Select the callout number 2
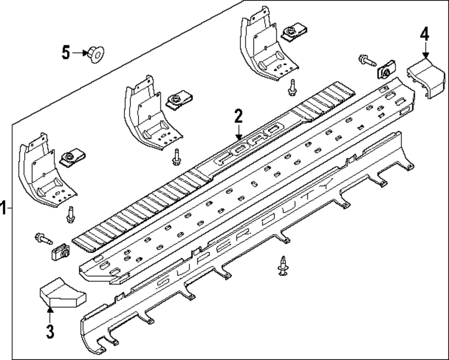pos(238,116)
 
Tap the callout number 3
pos(50,332)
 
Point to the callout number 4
pos(424,34)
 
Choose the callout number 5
pos(66,53)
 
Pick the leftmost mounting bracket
pos(41,172)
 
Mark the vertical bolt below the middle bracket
pos(177,155)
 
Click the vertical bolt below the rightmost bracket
pos(292,87)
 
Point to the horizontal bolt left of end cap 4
pos(366,61)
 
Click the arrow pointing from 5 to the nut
pos(81,53)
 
